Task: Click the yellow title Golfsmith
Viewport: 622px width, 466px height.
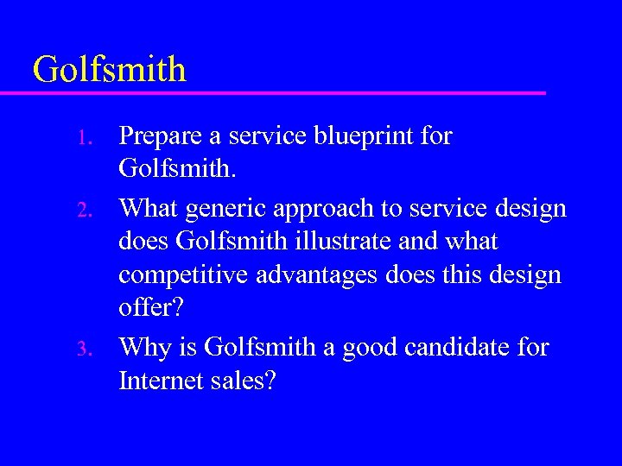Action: (x=109, y=69)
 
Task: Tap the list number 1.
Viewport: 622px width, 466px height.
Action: (x=83, y=138)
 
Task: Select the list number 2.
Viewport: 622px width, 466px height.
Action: (x=83, y=209)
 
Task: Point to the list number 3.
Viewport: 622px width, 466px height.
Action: (x=83, y=349)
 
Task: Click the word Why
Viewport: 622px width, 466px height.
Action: (x=143, y=348)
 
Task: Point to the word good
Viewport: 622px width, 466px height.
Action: (x=365, y=348)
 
